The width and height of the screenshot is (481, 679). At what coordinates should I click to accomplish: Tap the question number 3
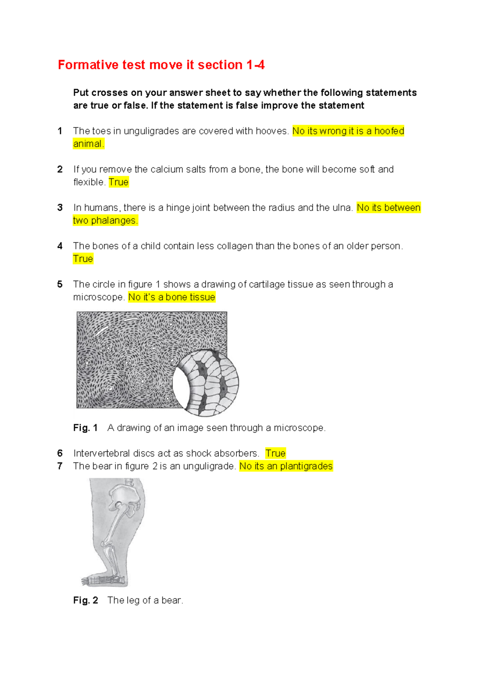point(60,208)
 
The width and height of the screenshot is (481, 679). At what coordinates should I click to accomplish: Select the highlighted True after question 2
point(119,182)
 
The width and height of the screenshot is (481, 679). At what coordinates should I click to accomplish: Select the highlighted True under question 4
point(83,259)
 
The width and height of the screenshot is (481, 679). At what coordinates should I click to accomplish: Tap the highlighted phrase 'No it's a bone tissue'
point(172,297)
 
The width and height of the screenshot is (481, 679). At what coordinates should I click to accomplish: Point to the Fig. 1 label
point(85,428)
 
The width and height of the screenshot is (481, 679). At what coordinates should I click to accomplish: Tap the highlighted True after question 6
point(275,453)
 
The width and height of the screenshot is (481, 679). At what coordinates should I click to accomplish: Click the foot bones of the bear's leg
point(102,579)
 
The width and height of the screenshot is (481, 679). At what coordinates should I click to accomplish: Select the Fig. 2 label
point(85,601)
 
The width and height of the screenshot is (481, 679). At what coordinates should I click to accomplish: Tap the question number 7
point(60,466)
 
